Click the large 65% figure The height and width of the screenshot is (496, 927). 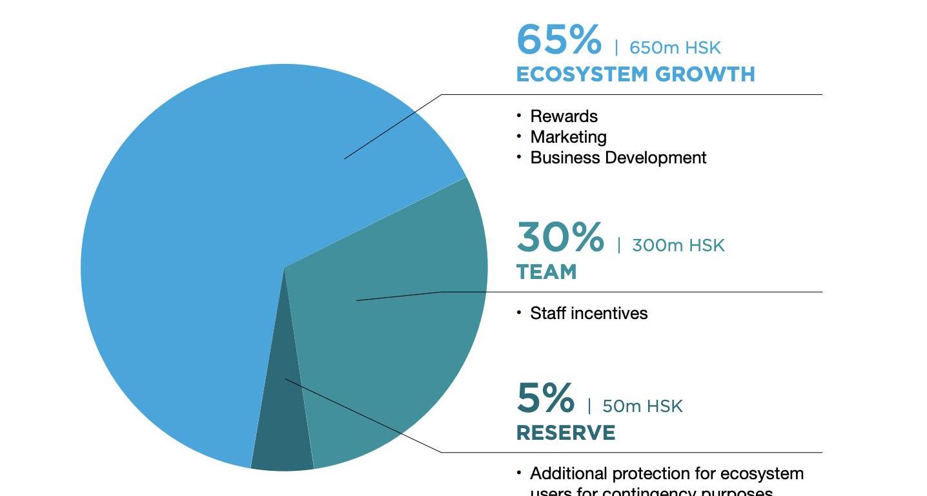(x=558, y=39)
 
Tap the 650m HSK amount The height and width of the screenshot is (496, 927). (x=675, y=48)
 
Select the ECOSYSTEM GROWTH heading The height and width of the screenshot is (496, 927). (x=635, y=74)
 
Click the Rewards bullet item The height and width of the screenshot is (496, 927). (x=564, y=116)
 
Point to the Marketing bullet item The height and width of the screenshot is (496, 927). (x=568, y=137)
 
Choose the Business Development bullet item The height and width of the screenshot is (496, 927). (x=618, y=158)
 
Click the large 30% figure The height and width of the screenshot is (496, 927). (x=560, y=237)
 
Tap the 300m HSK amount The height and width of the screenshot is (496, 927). (x=678, y=245)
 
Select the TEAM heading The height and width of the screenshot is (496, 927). (x=546, y=272)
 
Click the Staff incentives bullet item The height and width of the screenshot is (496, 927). (x=588, y=313)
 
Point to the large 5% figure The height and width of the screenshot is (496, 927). (x=545, y=398)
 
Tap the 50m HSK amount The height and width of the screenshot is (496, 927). (x=642, y=406)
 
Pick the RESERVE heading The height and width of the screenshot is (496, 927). (x=565, y=433)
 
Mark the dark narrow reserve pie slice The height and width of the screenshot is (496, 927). (x=283, y=439)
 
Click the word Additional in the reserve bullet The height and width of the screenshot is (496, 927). (x=569, y=473)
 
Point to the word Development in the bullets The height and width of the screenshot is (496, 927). (x=661, y=158)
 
